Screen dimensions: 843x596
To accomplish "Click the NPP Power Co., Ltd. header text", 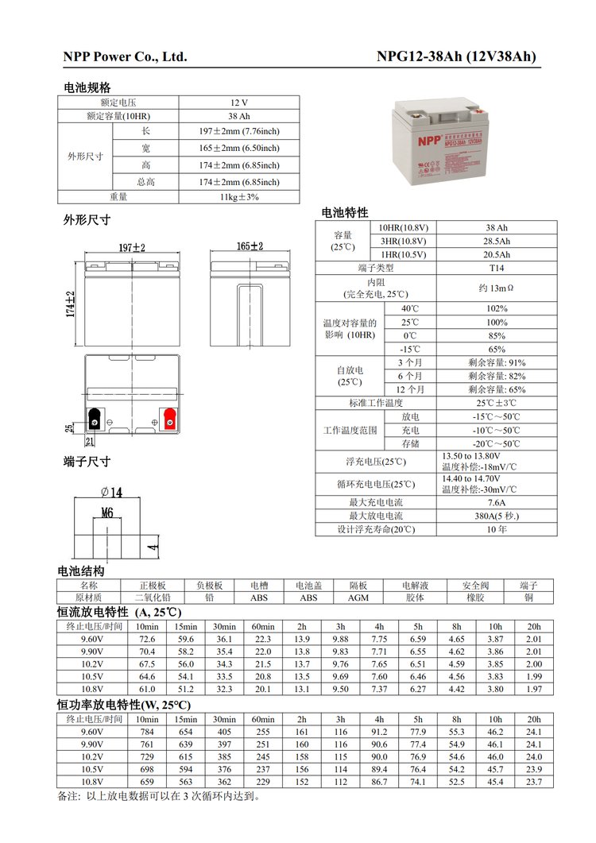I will click(x=125, y=57).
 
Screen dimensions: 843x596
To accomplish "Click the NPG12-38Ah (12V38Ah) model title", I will click(x=455, y=57).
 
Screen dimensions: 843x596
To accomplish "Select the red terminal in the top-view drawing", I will click(x=168, y=416).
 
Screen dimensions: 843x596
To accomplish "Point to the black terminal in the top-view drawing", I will click(x=95, y=416).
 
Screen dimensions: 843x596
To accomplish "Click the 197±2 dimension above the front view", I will click(x=132, y=248).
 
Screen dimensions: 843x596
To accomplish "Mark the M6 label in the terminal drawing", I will click(x=107, y=512).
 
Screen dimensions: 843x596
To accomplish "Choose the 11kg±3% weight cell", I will click(x=239, y=197).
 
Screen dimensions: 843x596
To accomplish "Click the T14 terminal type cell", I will click(x=497, y=268).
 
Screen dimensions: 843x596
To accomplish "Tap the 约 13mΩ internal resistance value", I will click(x=497, y=288).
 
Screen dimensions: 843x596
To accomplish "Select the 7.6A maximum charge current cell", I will click(x=497, y=502).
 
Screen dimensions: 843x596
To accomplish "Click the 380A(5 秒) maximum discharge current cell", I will click(x=497, y=516).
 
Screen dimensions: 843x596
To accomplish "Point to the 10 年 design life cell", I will click(x=497, y=529).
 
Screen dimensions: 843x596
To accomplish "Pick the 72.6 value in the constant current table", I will click(x=147, y=639).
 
